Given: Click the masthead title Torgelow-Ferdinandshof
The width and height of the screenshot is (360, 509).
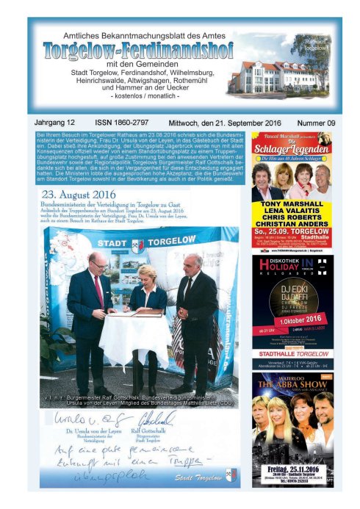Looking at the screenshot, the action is point(138,51).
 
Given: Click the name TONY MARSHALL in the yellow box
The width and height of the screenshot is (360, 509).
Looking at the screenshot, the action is point(292,206).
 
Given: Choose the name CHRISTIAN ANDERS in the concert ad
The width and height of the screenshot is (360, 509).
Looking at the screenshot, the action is point(292,228).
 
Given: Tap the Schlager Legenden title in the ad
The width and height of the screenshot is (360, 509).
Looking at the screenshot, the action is point(291,151).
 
